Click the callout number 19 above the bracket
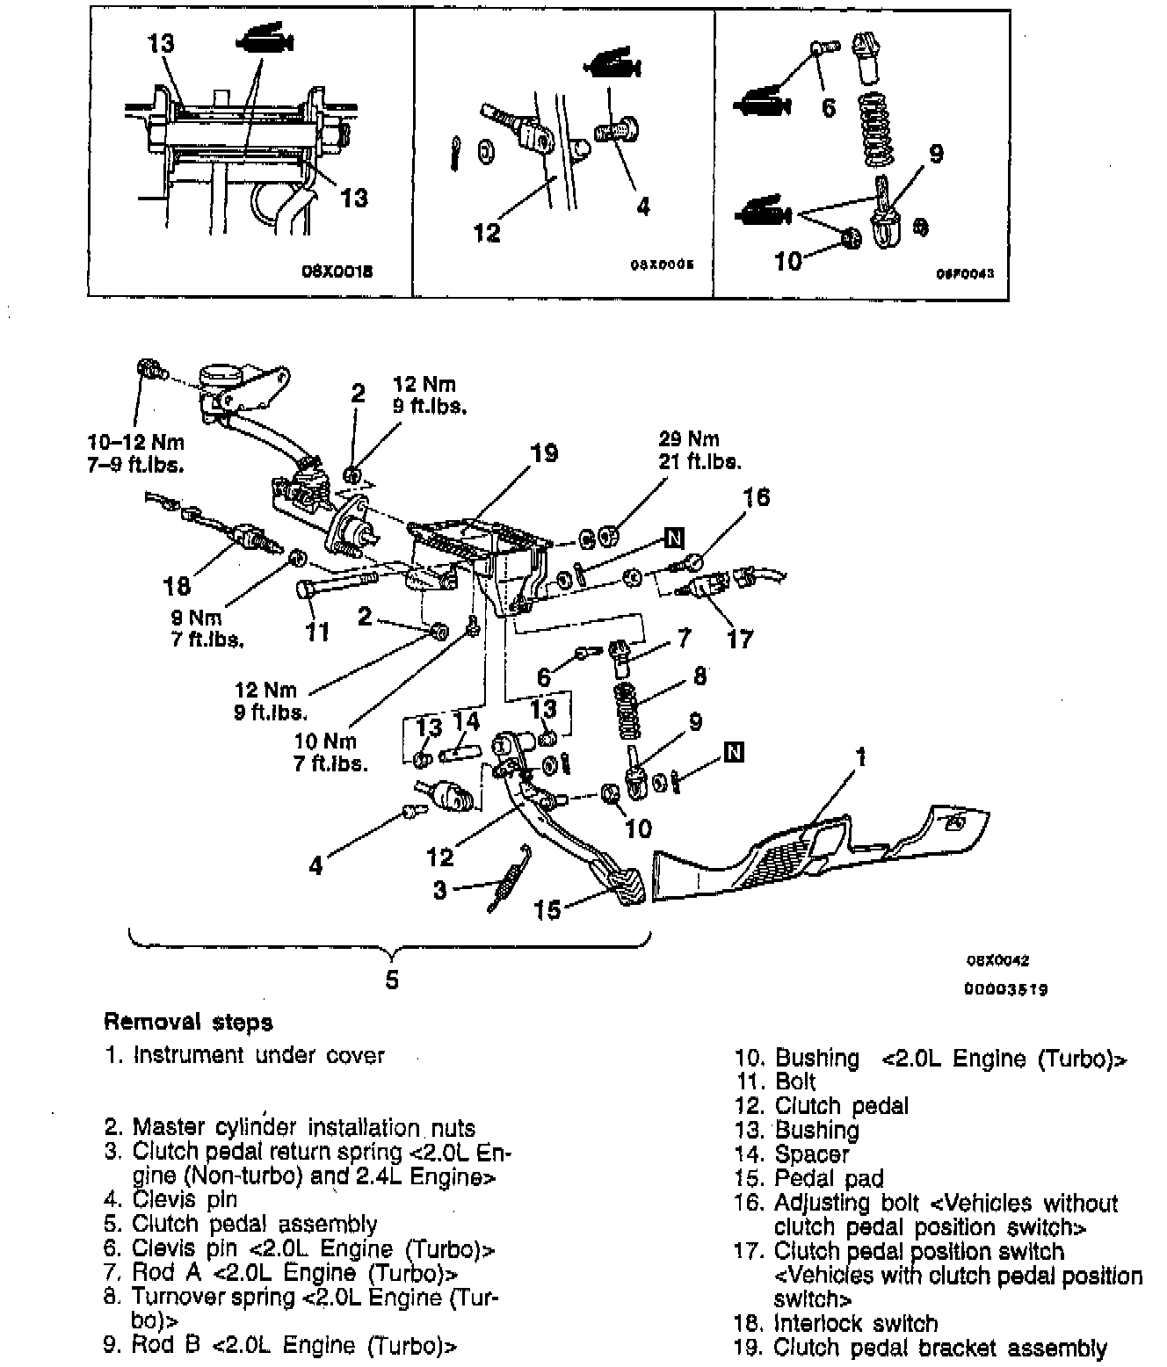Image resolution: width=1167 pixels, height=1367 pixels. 544,453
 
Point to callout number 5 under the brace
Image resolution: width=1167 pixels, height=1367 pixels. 392,979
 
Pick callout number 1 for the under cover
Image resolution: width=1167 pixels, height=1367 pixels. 861,756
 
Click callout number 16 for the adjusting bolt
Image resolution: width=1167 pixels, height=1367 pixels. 756,497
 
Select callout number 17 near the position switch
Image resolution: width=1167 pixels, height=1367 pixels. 740,638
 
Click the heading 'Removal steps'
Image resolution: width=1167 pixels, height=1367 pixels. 188,1022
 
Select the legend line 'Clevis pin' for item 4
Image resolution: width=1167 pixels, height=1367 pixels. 184,1199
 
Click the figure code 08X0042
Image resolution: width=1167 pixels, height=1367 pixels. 998,961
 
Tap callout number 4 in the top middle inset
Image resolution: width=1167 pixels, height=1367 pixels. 642,206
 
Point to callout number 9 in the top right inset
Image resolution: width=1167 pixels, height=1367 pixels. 936,155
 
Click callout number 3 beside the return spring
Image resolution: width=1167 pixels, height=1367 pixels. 440,890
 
